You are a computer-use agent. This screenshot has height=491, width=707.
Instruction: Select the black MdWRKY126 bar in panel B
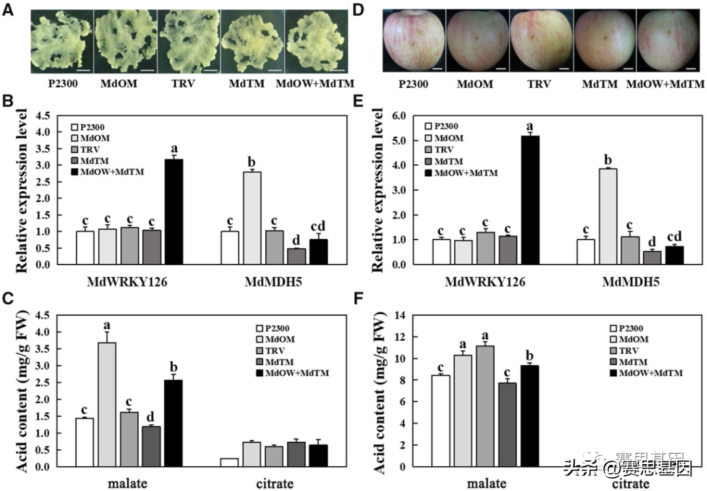(x=174, y=211)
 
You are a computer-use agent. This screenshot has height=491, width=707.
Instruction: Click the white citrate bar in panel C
(x=229, y=462)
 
